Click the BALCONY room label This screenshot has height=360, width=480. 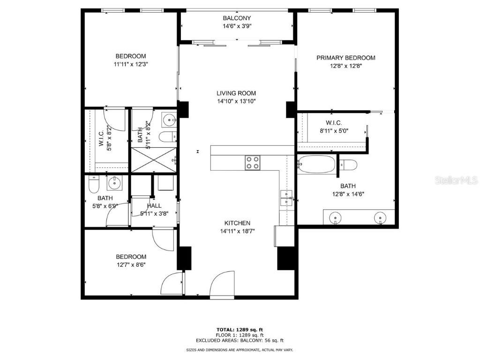click(237, 18)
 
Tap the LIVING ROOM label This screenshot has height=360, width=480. click(236, 93)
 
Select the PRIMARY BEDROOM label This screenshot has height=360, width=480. click(346, 58)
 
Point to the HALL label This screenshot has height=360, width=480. click(154, 206)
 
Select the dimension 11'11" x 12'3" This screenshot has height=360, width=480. click(131, 64)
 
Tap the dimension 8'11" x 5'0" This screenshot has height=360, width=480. click(333, 131)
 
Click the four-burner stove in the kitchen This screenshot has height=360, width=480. click(252, 163)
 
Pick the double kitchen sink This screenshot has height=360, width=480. click(286, 198)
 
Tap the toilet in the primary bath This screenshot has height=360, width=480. click(348, 165)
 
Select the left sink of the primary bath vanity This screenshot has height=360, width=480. click(335, 217)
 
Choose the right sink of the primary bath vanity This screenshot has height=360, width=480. click(380, 217)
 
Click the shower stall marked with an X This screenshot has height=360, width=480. click(153, 160)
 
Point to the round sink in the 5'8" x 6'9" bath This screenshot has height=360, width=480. click(113, 183)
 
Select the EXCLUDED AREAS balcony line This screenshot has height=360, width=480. click(240, 341)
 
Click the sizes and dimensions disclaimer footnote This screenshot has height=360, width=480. click(240, 350)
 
